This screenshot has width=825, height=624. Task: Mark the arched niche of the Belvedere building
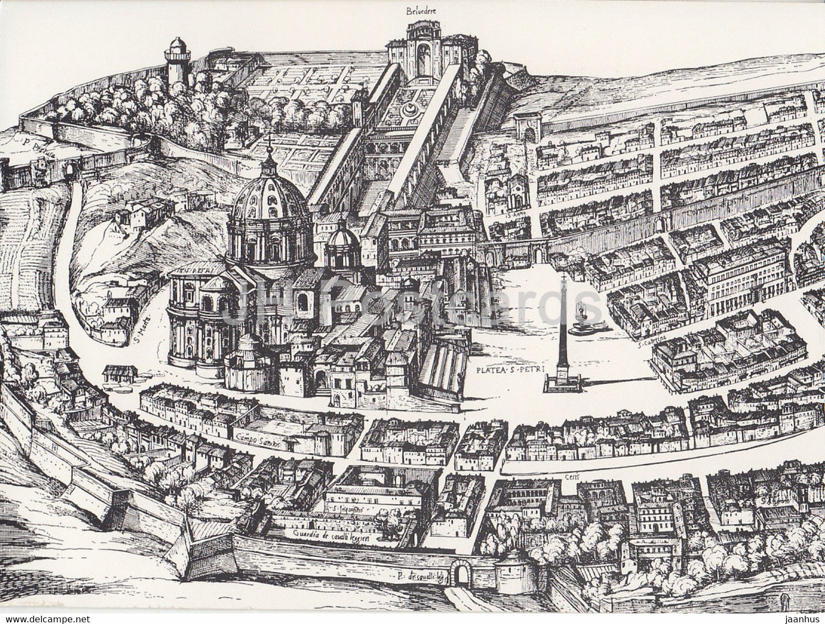coord(424,58)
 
